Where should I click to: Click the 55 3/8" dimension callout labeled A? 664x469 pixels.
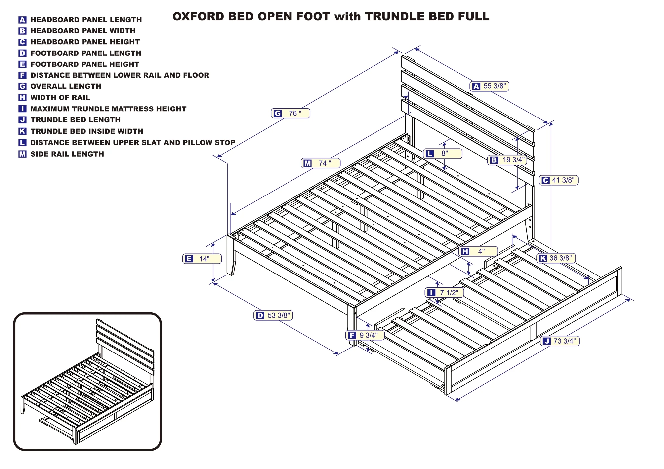click(489, 86)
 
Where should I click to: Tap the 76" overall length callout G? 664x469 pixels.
click(290, 113)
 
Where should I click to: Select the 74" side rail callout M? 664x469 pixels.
click(321, 163)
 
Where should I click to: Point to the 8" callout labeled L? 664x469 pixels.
click(443, 154)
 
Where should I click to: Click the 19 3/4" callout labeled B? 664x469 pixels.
click(507, 160)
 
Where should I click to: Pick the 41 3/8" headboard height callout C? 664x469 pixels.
click(559, 180)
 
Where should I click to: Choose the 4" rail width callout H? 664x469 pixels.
click(478, 251)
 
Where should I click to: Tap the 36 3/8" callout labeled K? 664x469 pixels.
click(556, 258)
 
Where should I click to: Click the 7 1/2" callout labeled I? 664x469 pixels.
click(444, 292)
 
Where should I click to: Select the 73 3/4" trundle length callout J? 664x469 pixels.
click(560, 341)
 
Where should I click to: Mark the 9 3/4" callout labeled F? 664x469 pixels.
click(365, 335)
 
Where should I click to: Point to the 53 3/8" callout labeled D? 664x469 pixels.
click(273, 315)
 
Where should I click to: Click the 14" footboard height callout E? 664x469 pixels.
click(202, 259)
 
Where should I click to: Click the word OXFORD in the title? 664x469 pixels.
click(198, 17)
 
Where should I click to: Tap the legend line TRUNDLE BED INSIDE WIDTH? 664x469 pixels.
click(87, 131)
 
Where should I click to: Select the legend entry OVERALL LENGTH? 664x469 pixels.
click(66, 86)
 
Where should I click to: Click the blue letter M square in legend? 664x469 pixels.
click(22, 154)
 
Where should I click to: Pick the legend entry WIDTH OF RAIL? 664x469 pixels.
click(60, 98)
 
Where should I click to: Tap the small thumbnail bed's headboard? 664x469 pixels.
click(125, 342)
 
